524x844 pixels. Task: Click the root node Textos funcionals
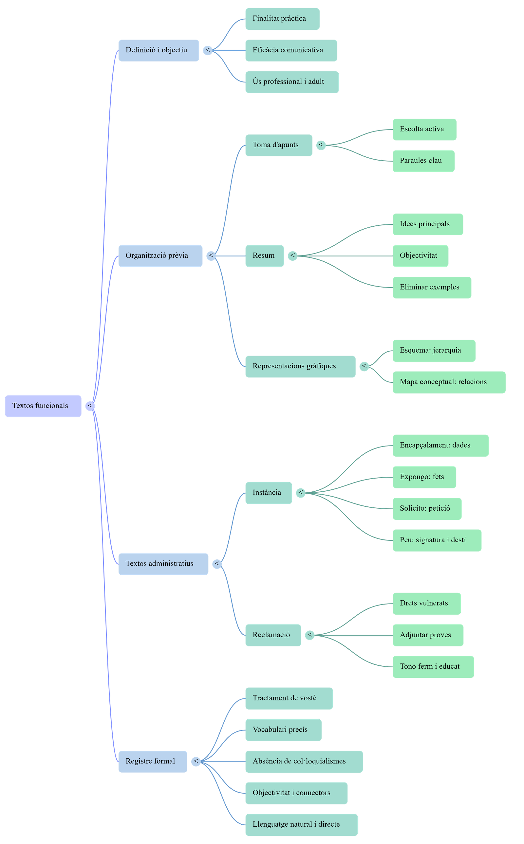43,406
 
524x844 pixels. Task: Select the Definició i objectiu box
159,50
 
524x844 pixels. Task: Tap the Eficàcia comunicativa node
291,50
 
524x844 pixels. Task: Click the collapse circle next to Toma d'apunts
321,145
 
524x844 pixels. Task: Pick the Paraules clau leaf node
423,161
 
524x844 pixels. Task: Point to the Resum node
264,256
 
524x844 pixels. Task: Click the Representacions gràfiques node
300,366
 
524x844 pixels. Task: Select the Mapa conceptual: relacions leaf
449,382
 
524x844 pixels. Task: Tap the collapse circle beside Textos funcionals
90,406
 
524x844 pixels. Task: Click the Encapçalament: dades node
440,445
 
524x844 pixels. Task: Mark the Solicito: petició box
427,509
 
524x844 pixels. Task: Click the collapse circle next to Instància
300,493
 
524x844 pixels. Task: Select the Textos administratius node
163,564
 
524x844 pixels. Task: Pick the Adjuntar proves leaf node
428,635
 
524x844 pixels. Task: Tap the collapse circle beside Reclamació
310,635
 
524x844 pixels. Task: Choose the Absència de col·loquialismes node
304,761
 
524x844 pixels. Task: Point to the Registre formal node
153,761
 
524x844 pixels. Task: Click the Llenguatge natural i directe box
301,825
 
